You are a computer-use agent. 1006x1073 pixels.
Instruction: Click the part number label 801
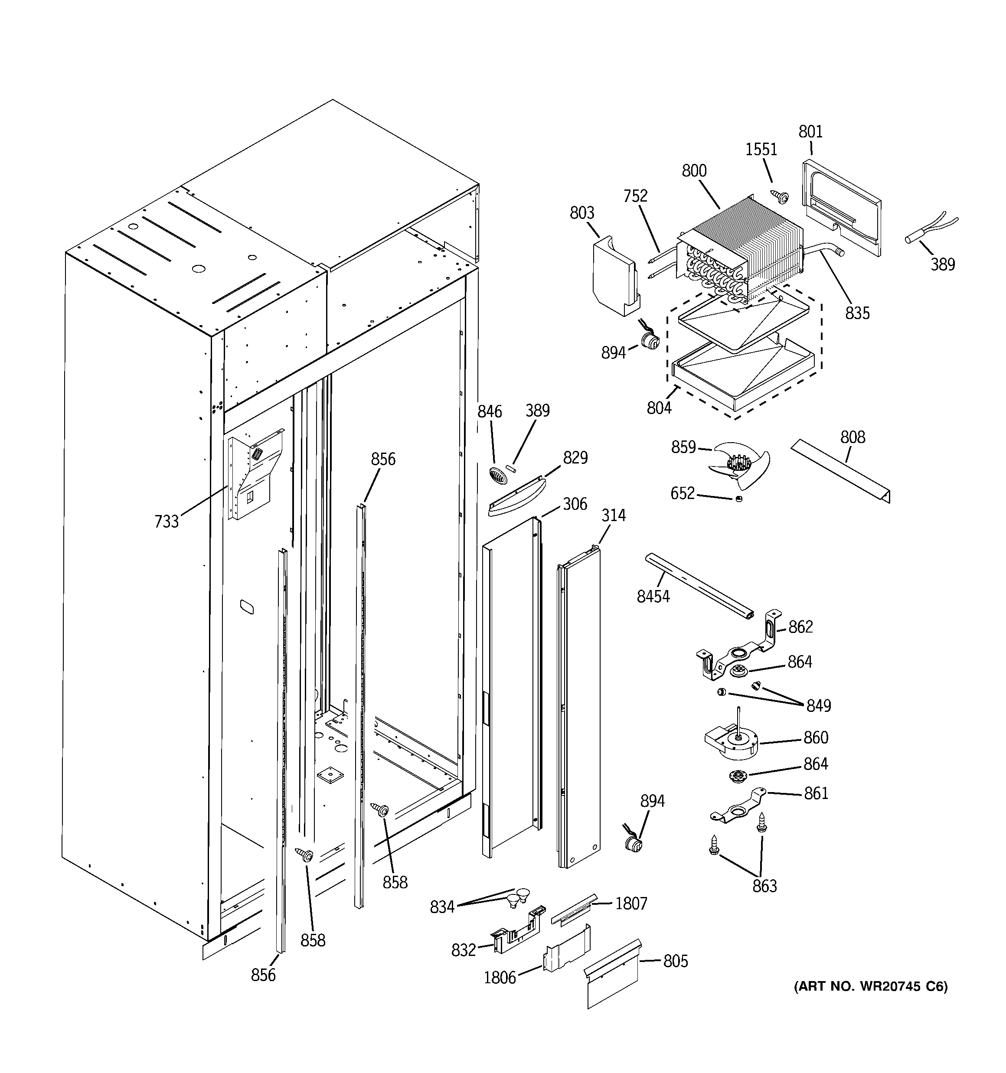click(810, 132)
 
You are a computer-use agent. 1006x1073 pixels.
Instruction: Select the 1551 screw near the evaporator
click(781, 198)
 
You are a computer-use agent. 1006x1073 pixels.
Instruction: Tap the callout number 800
click(694, 171)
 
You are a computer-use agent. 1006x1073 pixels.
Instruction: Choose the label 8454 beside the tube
click(653, 597)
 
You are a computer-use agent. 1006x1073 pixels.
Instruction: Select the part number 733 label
click(167, 522)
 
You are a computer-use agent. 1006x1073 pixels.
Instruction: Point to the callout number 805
click(676, 961)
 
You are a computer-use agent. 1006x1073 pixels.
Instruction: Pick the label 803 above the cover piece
click(581, 213)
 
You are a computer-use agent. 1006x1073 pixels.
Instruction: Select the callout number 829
click(575, 458)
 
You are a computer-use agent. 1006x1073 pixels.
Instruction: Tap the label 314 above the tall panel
click(614, 515)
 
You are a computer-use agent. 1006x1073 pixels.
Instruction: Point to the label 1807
click(631, 903)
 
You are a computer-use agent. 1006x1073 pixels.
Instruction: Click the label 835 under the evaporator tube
click(858, 313)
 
